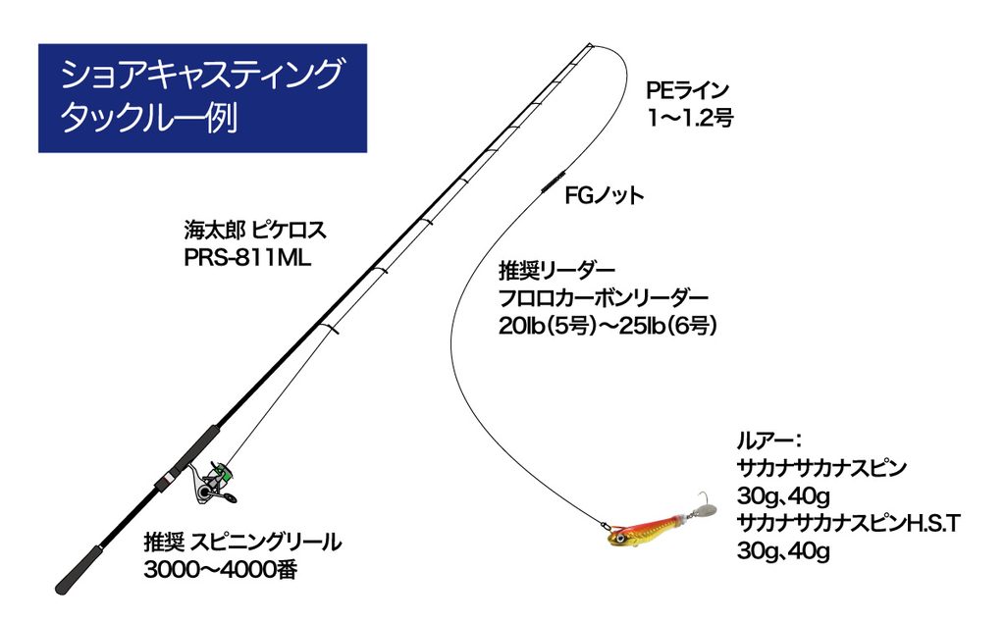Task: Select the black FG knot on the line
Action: (552, 181)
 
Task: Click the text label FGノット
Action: (604, 195)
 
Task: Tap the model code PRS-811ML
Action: (246, 258)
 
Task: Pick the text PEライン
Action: (688, 90)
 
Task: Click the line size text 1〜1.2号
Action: (689, 118)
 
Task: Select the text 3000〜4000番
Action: (220, 570)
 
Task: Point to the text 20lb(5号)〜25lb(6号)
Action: (607, 327)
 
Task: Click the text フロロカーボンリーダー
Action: (604, 298)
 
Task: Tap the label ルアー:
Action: (769, 441)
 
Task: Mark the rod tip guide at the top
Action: (589, 45)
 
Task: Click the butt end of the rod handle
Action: (63, 587)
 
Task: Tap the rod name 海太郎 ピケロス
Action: (254, 230)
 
